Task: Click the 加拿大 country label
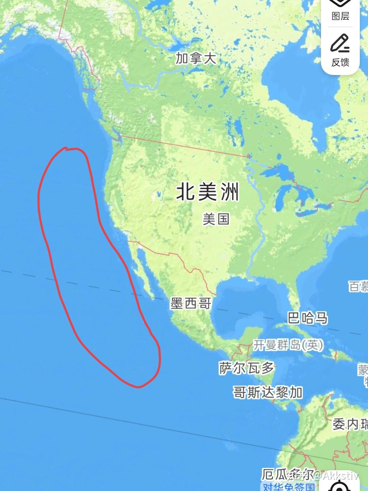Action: (x=196, y=58)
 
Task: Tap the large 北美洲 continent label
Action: (x=208, y=192)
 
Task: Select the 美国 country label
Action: (x=216, y=219)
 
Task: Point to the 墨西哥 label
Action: (x=191, y=303)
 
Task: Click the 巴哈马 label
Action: (x=307, y=318)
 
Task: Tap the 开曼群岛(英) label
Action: (x=288, y=345)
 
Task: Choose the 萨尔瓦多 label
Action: (x=247, y=368)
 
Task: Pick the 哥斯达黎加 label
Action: (x=268, y=392)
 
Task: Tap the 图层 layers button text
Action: (x=340, y=16)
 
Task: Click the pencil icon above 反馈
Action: (x=340, y=43)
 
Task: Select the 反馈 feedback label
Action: (x=340, y=62)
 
